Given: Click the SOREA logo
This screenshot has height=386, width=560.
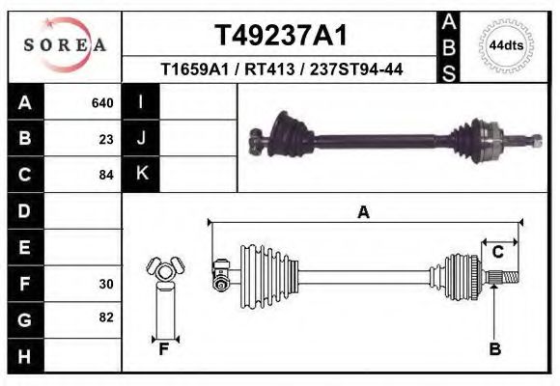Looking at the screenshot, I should tap(65, 45).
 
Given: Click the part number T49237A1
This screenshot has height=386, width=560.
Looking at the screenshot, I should tap(280, 36).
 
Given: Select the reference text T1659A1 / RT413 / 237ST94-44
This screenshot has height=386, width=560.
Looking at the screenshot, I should tap(281, 69).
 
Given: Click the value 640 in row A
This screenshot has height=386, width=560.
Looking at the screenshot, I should tap(102, 102).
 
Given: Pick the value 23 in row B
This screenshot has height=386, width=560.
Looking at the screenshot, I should tap(106, 139).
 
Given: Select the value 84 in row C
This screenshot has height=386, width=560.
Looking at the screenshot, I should tap(106, 176).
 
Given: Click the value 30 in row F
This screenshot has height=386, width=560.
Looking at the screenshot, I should tap(106, 285).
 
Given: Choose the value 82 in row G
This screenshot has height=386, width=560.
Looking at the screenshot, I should tap(106, 317).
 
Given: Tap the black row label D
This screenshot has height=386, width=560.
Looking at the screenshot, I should tap(24, 210).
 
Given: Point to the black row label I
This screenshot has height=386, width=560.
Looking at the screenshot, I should tap(141, 102).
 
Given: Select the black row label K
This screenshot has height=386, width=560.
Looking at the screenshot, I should tap(141, 174).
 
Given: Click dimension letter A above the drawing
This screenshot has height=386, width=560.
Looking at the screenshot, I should tap(363, 212).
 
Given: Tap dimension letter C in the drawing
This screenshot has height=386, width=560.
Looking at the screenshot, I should tap(497, 253).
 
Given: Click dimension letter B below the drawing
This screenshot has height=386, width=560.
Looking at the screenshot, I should tap(495, 349).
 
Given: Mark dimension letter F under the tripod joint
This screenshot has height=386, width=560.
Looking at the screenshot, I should tap(164, 349).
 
